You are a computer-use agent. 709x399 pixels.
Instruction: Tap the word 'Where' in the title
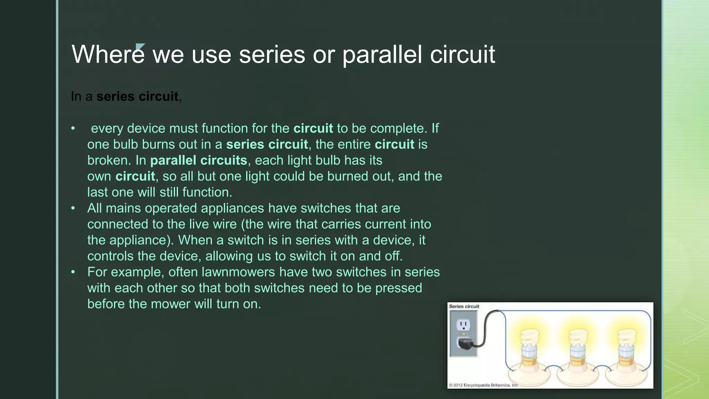click(x=108, y=55)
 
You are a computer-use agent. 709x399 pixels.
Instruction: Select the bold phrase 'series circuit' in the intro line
click(x=137, y=96)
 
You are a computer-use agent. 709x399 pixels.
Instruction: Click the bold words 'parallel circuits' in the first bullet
click(x=198, y=160)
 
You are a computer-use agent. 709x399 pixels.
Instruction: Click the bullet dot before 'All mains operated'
click(x=73, y=208)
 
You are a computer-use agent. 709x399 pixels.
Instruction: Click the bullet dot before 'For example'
click(x=73, y=272)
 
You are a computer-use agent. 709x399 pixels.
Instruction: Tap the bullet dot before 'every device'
click(x=73, y=128)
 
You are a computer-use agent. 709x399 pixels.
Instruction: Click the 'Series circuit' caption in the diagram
click(x=464, y=307)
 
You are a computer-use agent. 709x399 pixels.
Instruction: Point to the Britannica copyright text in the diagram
click(x=483, y=385)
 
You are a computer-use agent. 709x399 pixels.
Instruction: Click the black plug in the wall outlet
click(x=464, y=343)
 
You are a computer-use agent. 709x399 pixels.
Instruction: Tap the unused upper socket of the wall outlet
click(x=463, y=325)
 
